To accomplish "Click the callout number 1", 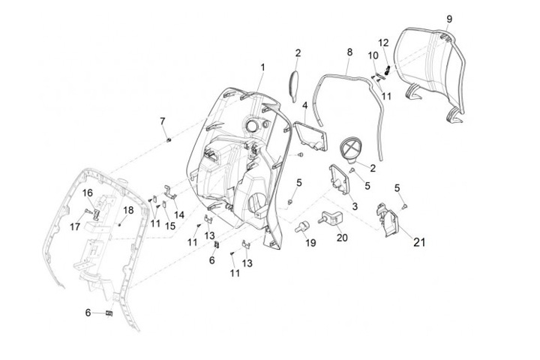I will coord(263,67).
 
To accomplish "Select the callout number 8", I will coord(349,52).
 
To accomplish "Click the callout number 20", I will coord(342,238).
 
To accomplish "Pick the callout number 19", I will coord(310,243).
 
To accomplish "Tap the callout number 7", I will coord(162,121).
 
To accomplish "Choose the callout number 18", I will coord(128,210).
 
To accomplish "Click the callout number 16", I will coord(87,193).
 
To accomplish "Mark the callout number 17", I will coord(76,226).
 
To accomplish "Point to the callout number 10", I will coord(373,55).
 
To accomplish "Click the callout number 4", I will coord(305,106).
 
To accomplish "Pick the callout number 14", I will coord(178,215).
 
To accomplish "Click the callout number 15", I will coord(170,226).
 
